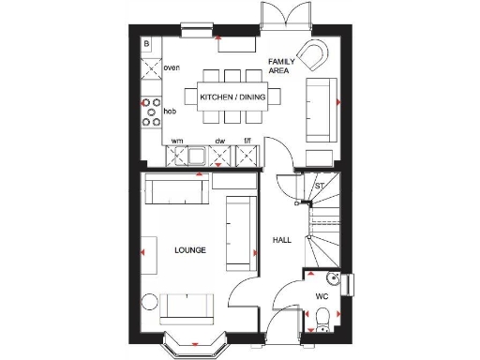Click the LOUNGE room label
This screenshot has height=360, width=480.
189,250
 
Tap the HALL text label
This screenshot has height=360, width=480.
281,240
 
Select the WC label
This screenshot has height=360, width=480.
321,296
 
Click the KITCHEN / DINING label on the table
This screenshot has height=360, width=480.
230,96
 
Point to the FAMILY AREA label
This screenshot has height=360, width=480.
281,66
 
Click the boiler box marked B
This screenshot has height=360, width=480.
146,44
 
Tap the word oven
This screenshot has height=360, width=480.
171,68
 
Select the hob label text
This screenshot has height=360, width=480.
170,112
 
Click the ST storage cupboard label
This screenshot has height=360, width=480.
319,186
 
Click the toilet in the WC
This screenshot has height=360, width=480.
321,321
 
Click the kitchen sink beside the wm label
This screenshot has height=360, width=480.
198,155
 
